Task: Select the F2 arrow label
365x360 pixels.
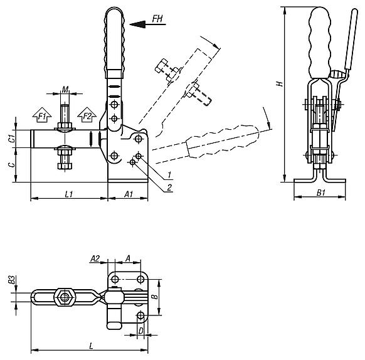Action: click(x=87, y=116)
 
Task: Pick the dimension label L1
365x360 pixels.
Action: click(x=69, y=194)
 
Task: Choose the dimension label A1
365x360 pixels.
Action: click(x=128, y=194)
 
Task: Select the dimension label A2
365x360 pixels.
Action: click(x=95, y=258)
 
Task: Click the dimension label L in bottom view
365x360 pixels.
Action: click(x=92, y=345)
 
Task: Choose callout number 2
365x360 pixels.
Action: click(x=169, y=186)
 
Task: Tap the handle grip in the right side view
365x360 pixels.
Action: click(x=320, y=41)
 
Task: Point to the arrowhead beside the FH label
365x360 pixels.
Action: click(x=135, y=23)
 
